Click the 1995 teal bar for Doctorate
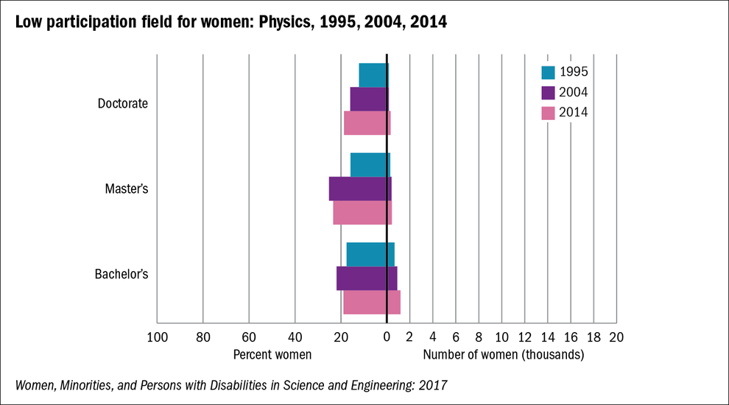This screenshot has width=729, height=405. pos(373,75)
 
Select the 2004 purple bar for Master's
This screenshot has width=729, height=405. pos(360,189)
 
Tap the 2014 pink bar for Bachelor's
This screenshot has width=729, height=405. pos(372,303)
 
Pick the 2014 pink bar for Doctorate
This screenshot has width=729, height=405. pos(367,122)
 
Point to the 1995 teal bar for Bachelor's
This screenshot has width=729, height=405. pos(370,255)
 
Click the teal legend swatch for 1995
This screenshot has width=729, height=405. pos(548,72)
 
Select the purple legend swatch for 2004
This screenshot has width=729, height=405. pos(548,93)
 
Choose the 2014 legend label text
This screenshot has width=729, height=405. pos(574,113)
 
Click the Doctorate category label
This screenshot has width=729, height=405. pos(123,104)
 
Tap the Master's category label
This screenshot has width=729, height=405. pos(127,189)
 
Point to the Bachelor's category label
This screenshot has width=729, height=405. pos(121,275)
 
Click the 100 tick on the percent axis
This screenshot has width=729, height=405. pos(157,337)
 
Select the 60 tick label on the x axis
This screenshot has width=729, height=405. pos(249,337)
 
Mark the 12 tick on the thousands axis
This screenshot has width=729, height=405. pos(524,337)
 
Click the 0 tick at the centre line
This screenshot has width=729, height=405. pos(387,337)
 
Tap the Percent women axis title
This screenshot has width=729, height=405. pos(272,355)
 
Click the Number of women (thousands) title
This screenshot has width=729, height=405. pos(504,355)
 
